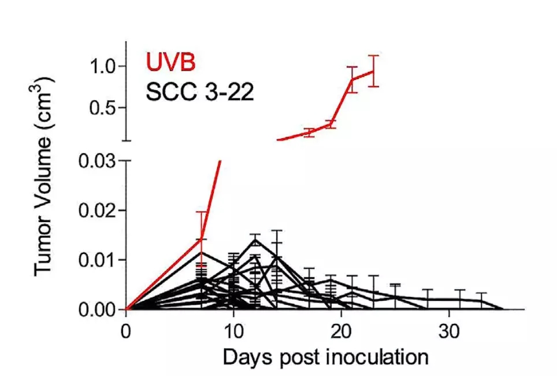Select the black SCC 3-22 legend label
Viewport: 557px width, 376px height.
click(x=199, y=91)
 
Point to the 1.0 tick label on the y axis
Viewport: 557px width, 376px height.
click(x=106, y=67)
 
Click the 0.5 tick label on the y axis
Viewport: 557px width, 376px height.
click(x=106, y=108)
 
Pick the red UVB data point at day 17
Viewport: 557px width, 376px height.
click(x=309, y=132)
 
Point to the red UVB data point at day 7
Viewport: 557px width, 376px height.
click(x=201, y=239)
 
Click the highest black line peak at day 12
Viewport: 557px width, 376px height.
click(x=255, y=239)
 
